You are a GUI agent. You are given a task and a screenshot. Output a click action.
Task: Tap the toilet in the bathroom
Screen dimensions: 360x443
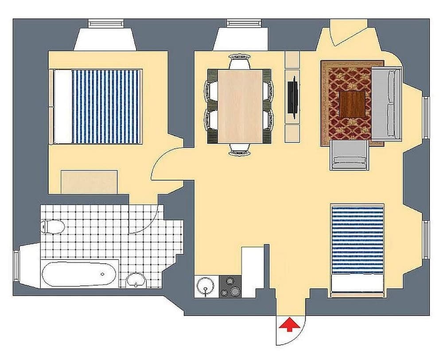click(x=53, y=227)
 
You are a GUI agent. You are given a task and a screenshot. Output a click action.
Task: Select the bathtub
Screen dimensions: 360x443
click(x=80, y=274)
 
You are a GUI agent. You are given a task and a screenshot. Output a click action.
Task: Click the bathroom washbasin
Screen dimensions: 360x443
click(x=136, y=280)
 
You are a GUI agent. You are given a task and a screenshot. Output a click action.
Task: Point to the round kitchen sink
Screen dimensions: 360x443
click(x=205, y=286)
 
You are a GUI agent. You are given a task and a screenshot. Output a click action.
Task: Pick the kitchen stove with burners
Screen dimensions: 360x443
click(x=231, y=286)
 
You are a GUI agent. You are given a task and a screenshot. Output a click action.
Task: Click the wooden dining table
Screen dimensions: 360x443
click(x=241, y=106)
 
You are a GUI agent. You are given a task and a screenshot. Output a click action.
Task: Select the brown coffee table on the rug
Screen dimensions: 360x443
click(x=352, y=103)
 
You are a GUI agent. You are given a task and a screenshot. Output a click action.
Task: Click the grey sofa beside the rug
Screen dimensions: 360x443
click(x=386, y=103)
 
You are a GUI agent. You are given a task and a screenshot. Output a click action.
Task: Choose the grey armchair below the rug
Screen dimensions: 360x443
click(x=349, y=155)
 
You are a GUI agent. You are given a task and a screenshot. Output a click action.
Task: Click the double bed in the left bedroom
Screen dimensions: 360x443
click(x=97, y=106)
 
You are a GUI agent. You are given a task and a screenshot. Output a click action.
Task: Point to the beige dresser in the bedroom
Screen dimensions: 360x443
click(x=89, y=182)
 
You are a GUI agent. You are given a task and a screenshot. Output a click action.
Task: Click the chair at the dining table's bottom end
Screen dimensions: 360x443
click(x=241, y=150)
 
